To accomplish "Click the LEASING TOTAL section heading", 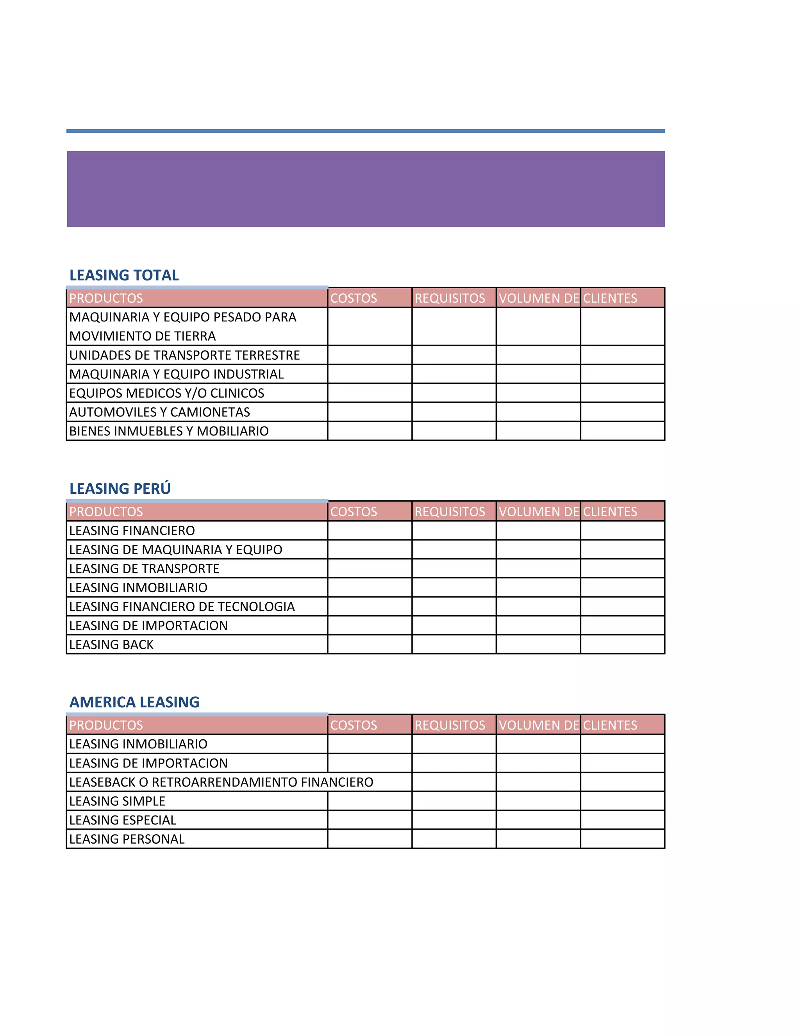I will point(124,275).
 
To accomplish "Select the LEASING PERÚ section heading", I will point(120,488).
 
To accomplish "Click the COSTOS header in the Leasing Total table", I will point(354,298).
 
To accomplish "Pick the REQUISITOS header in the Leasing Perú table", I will point(450,511).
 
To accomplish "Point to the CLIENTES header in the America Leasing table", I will point(610,725).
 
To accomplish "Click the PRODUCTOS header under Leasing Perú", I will point(106,511).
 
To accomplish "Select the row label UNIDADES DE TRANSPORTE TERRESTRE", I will point(184,355).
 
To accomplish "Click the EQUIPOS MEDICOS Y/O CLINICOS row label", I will point(166,393).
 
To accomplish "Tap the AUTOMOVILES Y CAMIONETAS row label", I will point(159,412).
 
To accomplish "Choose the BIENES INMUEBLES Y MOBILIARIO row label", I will point(169,431).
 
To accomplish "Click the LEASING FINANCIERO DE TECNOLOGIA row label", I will point(182,607).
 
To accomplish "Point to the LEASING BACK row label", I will point(111,644).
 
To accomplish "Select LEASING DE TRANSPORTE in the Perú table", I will point(144,569).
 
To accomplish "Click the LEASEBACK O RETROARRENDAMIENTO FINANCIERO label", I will point(221,782).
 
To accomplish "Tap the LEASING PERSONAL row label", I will point(127,839).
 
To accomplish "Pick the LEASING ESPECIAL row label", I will point(122,820).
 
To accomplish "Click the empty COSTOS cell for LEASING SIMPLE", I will point(370,801).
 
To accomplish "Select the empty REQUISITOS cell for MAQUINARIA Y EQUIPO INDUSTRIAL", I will point(454,374).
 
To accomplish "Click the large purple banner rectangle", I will point(365,189).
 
